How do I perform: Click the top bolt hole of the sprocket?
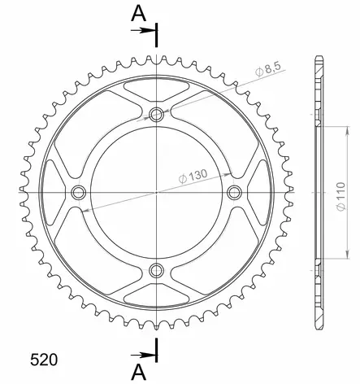(x=156, y=115)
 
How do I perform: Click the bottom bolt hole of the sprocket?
(x=156, y=270)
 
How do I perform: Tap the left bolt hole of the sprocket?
(x=78, y=193)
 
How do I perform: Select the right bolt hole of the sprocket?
(x=234, y=193)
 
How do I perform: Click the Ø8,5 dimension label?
(x=268, y=70)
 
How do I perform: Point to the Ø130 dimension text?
(x=193, y=177)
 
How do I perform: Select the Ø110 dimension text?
(x=341, y=197)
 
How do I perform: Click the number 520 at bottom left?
(x=44, y=360)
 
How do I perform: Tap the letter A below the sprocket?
(x=138, y=372)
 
